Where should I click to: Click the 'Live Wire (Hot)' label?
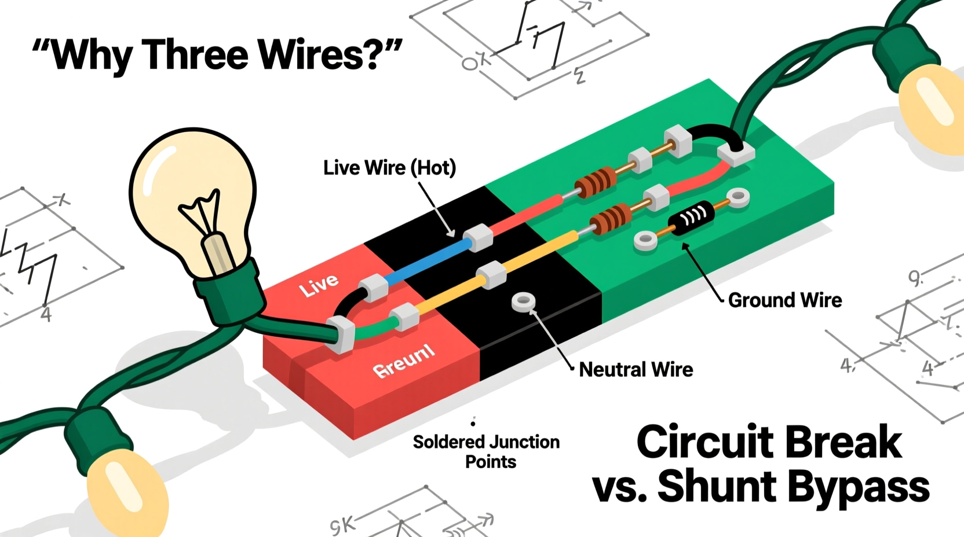coord(389,168)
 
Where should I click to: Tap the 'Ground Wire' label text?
coord(784,300)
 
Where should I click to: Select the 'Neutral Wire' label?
coord(636,369)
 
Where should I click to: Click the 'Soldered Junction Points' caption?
coord(486,451)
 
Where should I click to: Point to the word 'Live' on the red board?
coord(319,284)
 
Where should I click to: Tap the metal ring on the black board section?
coord(524,301)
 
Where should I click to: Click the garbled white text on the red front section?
coord(404,361)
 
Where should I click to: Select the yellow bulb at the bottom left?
coord(125,492)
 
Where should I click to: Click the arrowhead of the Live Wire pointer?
coord(451,233)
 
